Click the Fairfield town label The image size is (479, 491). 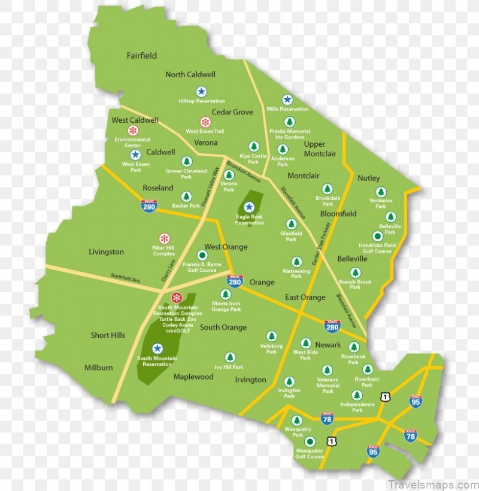pos(141,56)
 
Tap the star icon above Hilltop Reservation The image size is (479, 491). pos(201,92)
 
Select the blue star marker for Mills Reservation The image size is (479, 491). pos(287,99)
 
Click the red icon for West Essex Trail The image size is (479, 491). pos(205,122)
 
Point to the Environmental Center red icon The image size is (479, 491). pos(132,130)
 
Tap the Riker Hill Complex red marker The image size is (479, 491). pos(163,238)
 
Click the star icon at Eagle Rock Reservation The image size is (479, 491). pos(249,207)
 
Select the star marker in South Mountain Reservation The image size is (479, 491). pos(157,348)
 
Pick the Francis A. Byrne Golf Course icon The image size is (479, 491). pos(202,255)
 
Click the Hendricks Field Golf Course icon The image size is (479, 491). pos(377,236)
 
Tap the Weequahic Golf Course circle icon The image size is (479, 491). pos(310,442)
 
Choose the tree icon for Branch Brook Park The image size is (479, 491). pos(355,272)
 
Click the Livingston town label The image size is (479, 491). pos(106,252)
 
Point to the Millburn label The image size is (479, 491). pos(98,368)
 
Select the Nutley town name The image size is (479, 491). pos(369,178)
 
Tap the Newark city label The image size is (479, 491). pos(328,345)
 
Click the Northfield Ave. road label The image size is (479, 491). pos(125,278)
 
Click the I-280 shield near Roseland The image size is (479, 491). pos(149,206)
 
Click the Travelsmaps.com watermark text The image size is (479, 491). pos(432,484)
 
